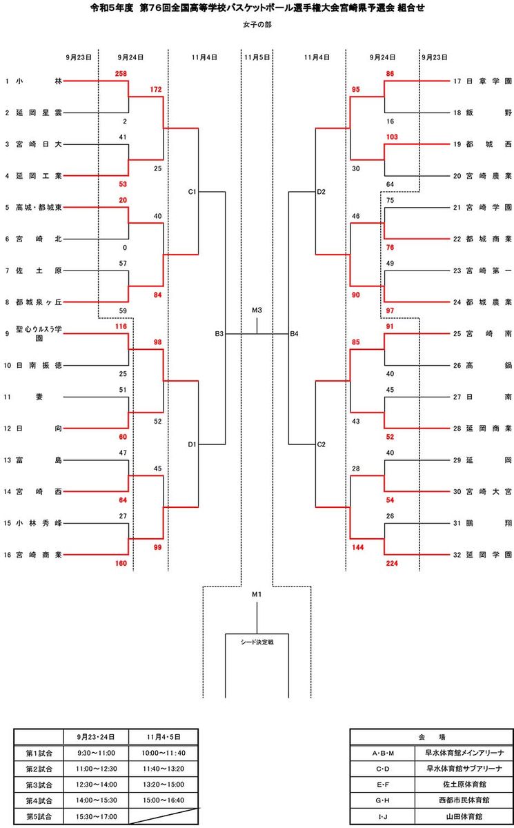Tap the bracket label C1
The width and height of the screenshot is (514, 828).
click(x=192, y=191)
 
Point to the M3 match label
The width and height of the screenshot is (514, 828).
click(x=257, y=310)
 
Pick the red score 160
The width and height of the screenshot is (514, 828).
click(x=120, y=563)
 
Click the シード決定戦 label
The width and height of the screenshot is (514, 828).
click(x=257, y=641)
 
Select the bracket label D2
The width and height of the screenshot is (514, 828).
click(x=322, y=191)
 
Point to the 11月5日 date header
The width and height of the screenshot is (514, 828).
click(x=257, y=58)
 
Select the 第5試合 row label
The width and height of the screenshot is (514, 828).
click(x=39, y=816)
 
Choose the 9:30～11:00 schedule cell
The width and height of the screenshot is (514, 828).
click(x=96, y=752)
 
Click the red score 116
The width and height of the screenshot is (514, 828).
click(x=121, y=325)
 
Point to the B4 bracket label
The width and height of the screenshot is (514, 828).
click(x=294, y=334)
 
